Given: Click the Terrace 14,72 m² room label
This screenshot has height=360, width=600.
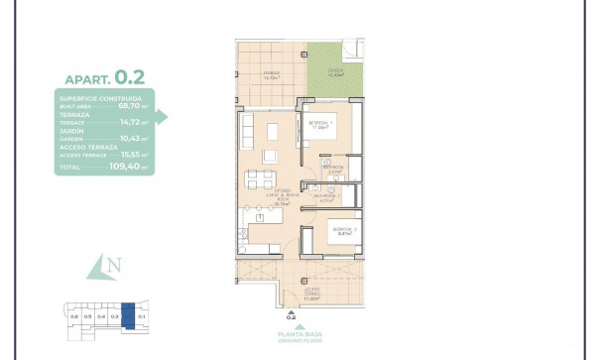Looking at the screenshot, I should pyautogui.click(x=271, y=74).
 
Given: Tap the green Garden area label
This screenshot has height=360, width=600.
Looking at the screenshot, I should pyautogui.click(x=335, y=72).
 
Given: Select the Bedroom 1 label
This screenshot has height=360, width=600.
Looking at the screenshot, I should pyautogui.click(x=320, y=125).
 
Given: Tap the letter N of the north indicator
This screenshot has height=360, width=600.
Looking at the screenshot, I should pyautogui.click(x=116, y=266).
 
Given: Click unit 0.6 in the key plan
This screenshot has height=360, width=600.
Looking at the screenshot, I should pyautogui.click(x=74, y=315).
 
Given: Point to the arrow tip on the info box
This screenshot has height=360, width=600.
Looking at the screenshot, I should pyautogui.click(x=166, y=117).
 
